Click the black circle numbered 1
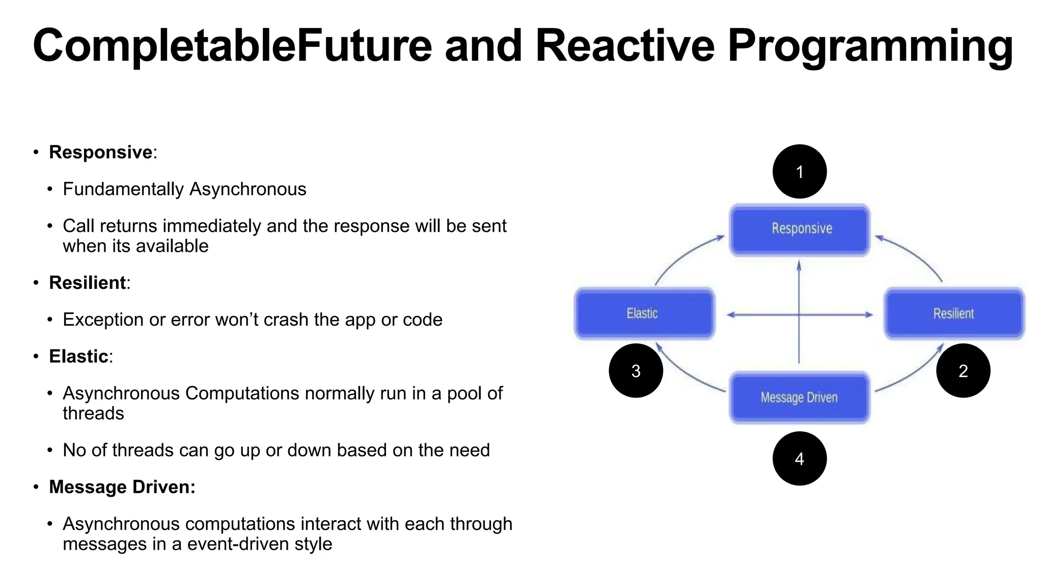[799, 172]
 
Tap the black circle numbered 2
[963, 370]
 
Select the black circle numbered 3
[636, 370]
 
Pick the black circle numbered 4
[799, 459]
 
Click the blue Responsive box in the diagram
[800, 230]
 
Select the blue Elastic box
[644, 313]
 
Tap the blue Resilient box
[954, 313]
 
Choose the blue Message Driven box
[800, 397]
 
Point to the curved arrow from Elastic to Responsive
[682, 255]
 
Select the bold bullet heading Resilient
[88, 283]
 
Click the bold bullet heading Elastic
[78, 356]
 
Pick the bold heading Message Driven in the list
[122, 487]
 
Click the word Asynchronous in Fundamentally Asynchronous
[248, 189]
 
